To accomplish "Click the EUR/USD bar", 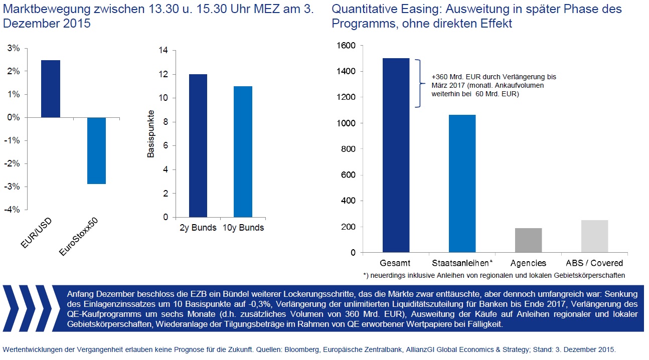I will pyautogui.click(x=51, y=89).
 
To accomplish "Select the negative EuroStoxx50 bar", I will pyautogui.click(x=96, y=150).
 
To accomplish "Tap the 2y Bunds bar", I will pyautogui.click(x=198, y=145).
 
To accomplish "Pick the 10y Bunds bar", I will pyautogui.click(x=243, y=151).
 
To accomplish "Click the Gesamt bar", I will pyautogui.click(x=396, y=155).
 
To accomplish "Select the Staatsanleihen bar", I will pyautogui.click(x=462, y=184).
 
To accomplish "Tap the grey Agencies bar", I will pyautogui.click(x=528, y=240).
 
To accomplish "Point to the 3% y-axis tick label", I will pyautogui.click(x=14, y=49).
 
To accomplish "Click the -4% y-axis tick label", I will pyautogui.click(x=13, y=210).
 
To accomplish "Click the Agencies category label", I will pyautogui.click(x=528, y=263).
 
